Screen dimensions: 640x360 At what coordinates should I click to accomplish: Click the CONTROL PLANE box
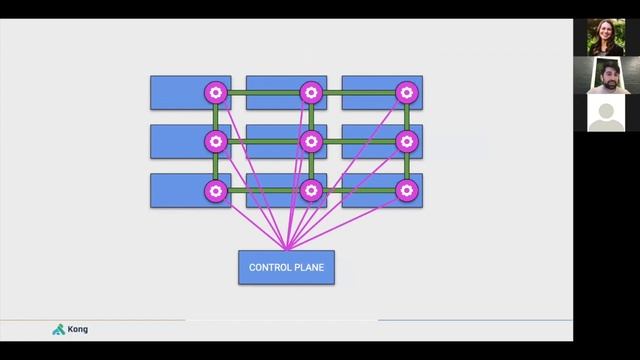tap(286, 266)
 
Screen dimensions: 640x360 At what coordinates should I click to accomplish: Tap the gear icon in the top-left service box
tap(215, 93)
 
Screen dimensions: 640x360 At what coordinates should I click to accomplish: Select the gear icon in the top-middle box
tap(311, 93)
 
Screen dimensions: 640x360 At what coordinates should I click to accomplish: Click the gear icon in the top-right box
tap(406, 93)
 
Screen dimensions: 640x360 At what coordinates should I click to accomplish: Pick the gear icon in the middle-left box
tap(215, 141)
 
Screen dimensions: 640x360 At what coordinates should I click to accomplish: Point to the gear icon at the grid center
tap(311, 141)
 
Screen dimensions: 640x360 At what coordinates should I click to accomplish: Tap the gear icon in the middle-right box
tap(406, 141)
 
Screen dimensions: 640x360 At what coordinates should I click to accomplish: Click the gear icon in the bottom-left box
tap(215, 189)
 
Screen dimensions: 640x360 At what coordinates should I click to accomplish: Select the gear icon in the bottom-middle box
tap(311, 189)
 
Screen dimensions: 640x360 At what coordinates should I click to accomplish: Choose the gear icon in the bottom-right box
tap(406, 189)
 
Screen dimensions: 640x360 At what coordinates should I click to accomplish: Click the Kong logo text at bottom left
tap(77, 329)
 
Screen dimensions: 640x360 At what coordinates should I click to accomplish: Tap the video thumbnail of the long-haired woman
tap(606, 37)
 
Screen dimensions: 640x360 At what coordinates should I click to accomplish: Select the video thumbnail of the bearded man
tap(606, 75)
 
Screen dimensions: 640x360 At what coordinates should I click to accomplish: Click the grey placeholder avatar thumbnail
tap(606, 113)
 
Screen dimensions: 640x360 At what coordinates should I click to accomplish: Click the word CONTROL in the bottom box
tap(269, 267)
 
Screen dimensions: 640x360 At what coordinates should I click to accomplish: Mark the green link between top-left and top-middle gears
tap(263, 93)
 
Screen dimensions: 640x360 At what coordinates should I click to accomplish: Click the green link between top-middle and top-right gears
tap(358, 93)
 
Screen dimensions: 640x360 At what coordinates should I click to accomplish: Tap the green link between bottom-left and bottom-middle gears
tap(263, 189)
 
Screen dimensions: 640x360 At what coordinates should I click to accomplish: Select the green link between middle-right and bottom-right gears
tap(406, 165)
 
